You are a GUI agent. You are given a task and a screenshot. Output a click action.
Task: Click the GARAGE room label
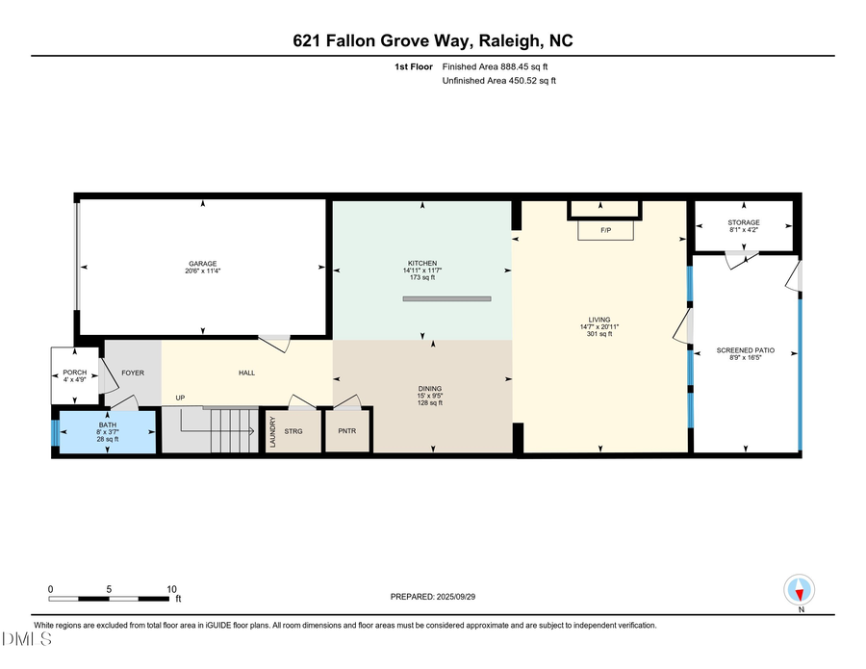pos(202,264)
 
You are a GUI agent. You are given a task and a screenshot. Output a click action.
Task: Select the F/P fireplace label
pos(605,231)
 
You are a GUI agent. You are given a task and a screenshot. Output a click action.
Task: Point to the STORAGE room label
pos(743,222)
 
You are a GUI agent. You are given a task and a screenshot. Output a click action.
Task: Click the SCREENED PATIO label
pos(746,350)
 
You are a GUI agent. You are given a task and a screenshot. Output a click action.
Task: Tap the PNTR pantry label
pos(347,430)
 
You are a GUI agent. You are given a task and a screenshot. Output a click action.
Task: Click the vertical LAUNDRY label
pos(272,430)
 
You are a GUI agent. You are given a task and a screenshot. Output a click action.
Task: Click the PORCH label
pos(75,373)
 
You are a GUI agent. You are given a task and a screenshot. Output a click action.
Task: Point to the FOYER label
pos(132,373)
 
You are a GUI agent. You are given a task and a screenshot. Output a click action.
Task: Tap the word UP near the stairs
pos(180,398)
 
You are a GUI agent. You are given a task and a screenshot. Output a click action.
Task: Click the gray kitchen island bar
pos(446,299)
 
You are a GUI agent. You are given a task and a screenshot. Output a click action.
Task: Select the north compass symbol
pos(801,589)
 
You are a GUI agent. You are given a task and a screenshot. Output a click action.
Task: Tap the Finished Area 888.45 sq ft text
pos(499,66)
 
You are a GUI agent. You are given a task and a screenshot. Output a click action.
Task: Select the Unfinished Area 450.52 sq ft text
pos(498,81)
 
